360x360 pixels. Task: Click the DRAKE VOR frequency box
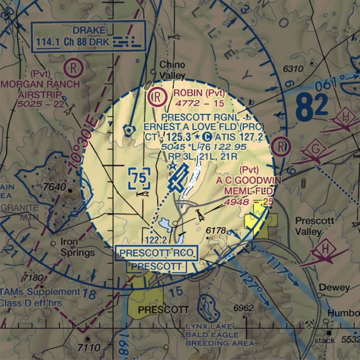coord(88,36)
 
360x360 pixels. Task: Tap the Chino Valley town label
coord(172,70)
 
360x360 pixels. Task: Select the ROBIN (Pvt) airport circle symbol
coord(157,97)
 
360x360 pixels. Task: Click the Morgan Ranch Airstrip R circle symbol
coord(74,67)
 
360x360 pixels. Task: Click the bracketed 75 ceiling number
coord(139,179)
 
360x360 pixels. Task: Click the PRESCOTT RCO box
coord(157,253)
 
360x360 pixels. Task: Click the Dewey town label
coord(334,288)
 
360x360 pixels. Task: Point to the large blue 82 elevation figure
coord(311,107)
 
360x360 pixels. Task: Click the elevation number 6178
coord(216,231)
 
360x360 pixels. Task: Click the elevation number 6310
coord(293,69)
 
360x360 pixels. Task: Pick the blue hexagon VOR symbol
coord(129,130)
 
